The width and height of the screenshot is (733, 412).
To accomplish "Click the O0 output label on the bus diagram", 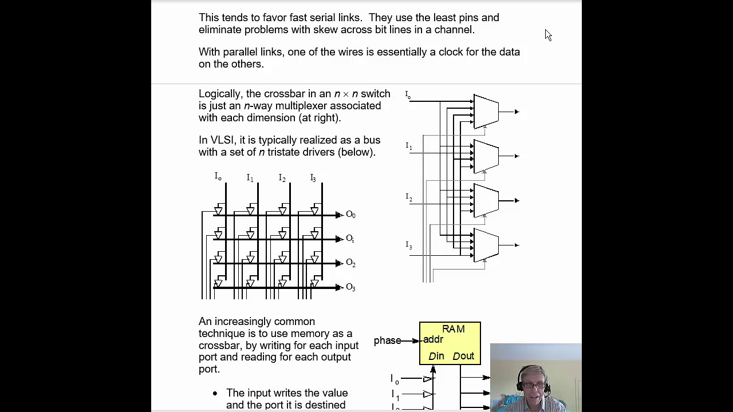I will point(350,215).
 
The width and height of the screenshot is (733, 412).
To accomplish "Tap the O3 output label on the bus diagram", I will point(350,287).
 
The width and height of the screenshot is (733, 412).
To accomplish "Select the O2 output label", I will point(350,263).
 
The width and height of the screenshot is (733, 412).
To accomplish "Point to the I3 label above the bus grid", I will point(313,178).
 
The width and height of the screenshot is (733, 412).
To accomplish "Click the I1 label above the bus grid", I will point(250,178).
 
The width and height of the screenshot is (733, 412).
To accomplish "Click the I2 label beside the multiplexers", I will point(409,197).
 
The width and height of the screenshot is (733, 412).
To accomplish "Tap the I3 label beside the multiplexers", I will point(409,245).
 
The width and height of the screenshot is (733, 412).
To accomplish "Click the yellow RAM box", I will point(450,343).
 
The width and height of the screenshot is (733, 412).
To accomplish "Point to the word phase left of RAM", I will point(387,340).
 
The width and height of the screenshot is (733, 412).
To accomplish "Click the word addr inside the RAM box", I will point(433,339).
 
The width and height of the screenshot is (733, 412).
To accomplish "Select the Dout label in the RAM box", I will point(463,356).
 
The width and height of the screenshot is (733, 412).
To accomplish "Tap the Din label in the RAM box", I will point(436,356).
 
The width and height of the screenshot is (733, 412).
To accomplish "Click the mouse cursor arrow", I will point(547,35).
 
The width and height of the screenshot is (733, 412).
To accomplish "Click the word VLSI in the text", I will point(222,140).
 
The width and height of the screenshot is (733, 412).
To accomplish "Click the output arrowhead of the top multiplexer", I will point(517,112).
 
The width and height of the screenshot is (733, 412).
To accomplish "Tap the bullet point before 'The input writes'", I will point(215,393).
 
